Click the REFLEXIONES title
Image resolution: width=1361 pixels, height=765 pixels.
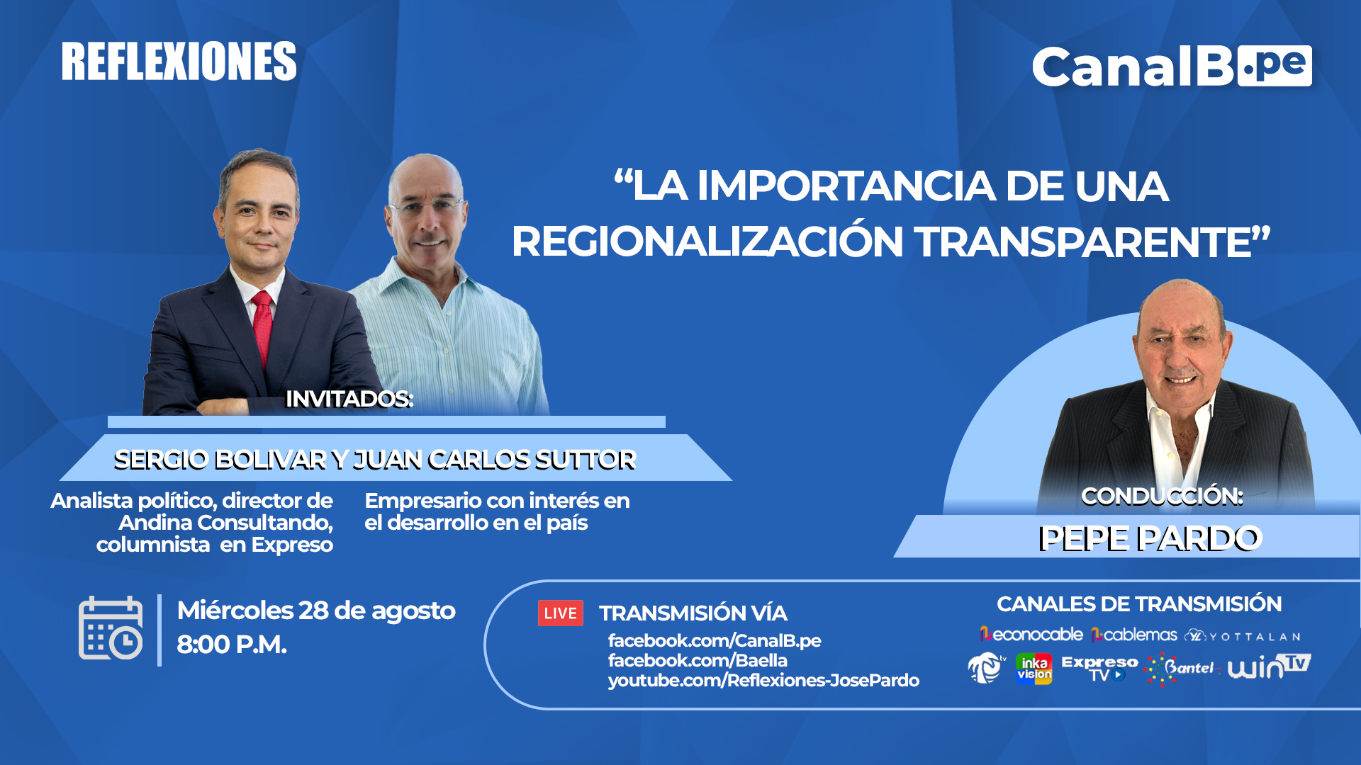click(179, 62)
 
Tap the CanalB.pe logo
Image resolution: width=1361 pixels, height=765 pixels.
click(1172, 67)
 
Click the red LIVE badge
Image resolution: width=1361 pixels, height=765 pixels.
click(560, 613)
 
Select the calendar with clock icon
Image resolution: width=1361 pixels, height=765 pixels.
click(111, 628)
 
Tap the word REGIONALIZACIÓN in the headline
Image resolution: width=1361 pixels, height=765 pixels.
click(707, 242)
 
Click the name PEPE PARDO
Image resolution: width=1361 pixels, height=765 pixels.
click(1150, 538)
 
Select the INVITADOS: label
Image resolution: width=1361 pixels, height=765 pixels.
click(349, 399)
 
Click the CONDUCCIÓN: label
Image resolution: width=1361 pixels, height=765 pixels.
click(1162, 496)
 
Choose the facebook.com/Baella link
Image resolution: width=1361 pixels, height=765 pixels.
click(698, 660)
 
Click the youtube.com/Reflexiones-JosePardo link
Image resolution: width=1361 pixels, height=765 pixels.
click(763, 680)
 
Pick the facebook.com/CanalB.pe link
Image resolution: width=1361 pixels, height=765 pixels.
click(715, 640)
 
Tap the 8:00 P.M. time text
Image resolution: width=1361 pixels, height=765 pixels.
click(232, 645)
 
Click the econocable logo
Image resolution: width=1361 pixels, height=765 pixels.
click(1031, 634)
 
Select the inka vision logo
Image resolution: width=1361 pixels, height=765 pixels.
click(1034, 668)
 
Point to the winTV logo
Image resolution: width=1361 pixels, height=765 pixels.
click(1270, 667)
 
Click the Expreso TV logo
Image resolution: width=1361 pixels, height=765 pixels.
click(1099, 668)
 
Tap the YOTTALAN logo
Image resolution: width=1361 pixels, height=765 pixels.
click(1243, 635)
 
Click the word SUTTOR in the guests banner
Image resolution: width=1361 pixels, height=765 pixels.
click(585, 460)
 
